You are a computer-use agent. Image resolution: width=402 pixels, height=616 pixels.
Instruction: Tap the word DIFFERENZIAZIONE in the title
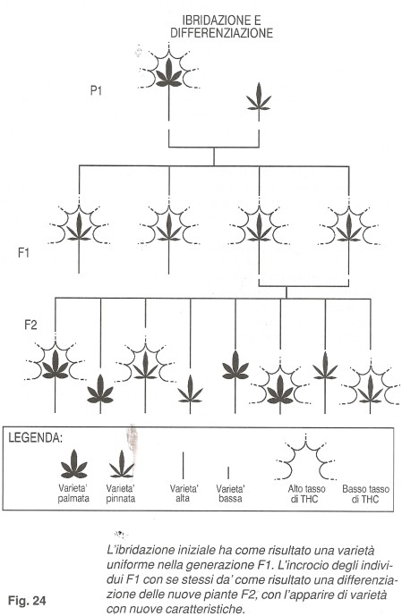(221, 32)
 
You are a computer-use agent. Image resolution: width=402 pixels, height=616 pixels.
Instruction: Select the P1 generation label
(96, 90)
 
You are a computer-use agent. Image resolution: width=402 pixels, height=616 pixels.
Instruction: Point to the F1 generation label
(24, 252)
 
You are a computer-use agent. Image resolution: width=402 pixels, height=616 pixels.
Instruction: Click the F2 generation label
(30, 325)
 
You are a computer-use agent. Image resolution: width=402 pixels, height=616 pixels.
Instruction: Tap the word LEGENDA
(36, 438)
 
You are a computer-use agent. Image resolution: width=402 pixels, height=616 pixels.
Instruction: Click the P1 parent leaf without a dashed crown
(259, 97)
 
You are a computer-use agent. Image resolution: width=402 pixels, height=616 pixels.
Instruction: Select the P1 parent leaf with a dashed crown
(169, 73)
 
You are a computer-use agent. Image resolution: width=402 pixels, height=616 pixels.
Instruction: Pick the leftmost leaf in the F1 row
(79, 227)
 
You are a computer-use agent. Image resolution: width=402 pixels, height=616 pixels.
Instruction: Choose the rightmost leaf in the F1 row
(349, 227)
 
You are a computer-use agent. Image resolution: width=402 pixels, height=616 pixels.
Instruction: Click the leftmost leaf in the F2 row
(56, 365)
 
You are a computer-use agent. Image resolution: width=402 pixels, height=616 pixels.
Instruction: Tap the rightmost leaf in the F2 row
(370, 389)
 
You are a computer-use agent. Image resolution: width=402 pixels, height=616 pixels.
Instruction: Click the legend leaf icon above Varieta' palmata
(74, 464)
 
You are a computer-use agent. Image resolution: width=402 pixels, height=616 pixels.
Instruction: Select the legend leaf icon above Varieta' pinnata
(122, 464)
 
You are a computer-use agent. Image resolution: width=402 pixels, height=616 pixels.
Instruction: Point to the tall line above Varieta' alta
(184, 465)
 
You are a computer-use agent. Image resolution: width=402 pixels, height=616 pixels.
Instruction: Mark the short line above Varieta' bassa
(228, 473)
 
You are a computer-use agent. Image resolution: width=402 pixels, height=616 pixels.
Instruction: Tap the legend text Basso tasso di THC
(366, 494)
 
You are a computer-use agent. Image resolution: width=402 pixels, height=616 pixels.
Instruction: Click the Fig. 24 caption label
(27, 601)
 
